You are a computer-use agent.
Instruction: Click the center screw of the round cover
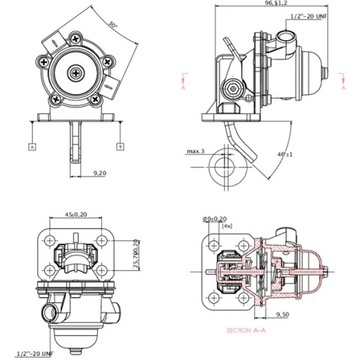[x=76, y=72]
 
